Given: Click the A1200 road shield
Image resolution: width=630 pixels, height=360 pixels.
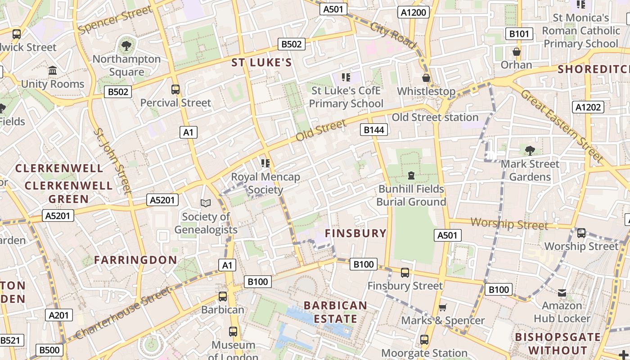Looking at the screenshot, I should click(x=413, y=12).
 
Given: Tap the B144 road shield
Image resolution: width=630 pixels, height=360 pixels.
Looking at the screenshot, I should click(x=374, y=130).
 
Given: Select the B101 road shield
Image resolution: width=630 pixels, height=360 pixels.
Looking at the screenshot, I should click(x=519, y=34).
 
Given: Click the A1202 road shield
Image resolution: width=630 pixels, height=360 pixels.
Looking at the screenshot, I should click(x=588, y=107).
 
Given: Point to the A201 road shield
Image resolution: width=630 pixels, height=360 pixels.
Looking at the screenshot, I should click(x=59, y=315).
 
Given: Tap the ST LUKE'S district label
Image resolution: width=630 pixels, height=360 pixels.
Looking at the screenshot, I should click(x=262, y=63).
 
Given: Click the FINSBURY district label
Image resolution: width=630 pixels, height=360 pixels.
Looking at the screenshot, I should click(x=355, y=233).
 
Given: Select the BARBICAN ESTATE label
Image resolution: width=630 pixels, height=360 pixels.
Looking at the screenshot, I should click(x=335, y=312).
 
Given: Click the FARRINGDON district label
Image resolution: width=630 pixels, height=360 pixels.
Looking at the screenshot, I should click(x=135, y=260).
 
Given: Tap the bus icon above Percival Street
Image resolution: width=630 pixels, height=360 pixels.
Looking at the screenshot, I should click(x=175, y=89).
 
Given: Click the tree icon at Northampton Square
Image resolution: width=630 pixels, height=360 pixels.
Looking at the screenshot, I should click(x=126, y=45).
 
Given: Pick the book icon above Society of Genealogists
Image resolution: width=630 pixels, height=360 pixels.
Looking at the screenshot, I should click(x=206, y=203).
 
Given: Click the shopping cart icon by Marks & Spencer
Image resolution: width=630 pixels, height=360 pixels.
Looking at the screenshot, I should click(x=443, y=307).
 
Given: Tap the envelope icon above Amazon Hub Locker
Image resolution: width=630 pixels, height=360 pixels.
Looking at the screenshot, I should click(x=562, y=293).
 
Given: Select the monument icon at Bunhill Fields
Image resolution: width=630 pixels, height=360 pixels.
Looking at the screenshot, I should click(x=411, y=175).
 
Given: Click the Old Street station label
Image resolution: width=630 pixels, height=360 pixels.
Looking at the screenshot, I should click(x=435, y=117).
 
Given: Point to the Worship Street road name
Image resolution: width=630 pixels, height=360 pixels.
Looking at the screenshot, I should click(x=509, y=223).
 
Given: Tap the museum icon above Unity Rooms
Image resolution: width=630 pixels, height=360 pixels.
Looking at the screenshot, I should click(x=53, y=71).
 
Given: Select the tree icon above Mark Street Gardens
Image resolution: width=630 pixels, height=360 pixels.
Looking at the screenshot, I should click(x=530, y=150).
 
